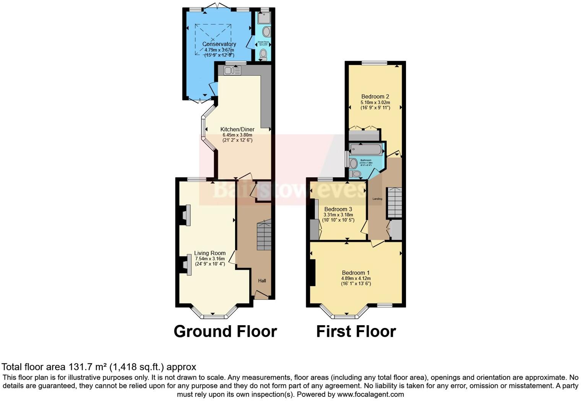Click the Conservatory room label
[219, 44]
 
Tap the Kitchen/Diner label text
[237, 129]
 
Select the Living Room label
[210, 253]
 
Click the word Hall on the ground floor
[262, 280]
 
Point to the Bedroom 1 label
[356, 273]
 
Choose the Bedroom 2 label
[375, 96]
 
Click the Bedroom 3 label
[338, 209]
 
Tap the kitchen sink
[232, 70]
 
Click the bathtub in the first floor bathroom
[366, 149]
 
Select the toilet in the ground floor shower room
[263, 55]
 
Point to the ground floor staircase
[264, 235]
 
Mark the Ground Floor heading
[225, 331]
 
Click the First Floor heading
[356, 331]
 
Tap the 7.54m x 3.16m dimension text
[210, 259]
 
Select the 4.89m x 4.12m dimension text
[356, 278]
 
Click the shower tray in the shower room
[264, 18]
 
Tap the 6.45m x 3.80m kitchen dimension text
[237, 135]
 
